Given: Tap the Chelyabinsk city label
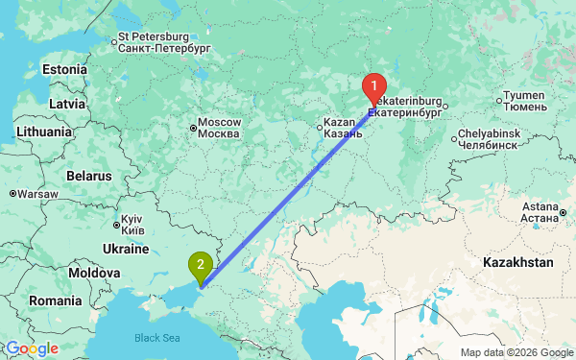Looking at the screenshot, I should coord(488,137).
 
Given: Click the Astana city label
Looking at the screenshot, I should coord(540,212).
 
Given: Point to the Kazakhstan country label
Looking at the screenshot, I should coord(519,261).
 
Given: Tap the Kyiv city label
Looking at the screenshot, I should coord(129,226).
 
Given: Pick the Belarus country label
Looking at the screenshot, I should coord(89,177).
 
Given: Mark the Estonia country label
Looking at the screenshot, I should coord(64,69).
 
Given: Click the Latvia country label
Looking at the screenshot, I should coord(67,103).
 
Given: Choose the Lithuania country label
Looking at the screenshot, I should coord(43,132).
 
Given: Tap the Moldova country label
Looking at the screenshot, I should coord(93,274).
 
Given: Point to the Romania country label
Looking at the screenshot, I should coord(55,300).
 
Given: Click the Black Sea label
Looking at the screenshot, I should coord(156,338).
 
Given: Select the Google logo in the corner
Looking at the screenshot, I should coord(32,348).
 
